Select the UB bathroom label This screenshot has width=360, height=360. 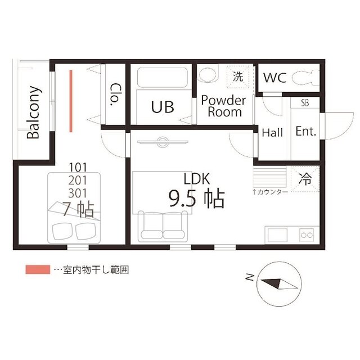(162, 106)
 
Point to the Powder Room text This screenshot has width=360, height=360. (224, 106)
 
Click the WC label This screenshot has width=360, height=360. (276, 78)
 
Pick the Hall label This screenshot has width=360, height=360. (272, 133)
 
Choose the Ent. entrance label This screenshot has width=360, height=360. (306, 132)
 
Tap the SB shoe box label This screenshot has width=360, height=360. (305, 103)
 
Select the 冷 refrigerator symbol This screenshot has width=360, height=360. (305, 180)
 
